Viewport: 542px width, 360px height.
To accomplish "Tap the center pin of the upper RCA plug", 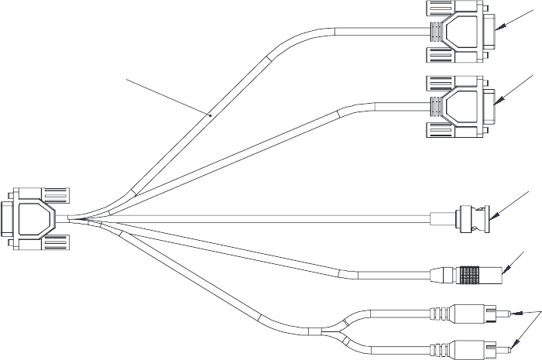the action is pyautogui.click(x=506, y=314).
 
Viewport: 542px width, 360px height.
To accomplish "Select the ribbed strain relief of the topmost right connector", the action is pyautogui.click(x=437, y=33).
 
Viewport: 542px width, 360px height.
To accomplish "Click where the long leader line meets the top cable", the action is pyautogui.click(x=211, y=114).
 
